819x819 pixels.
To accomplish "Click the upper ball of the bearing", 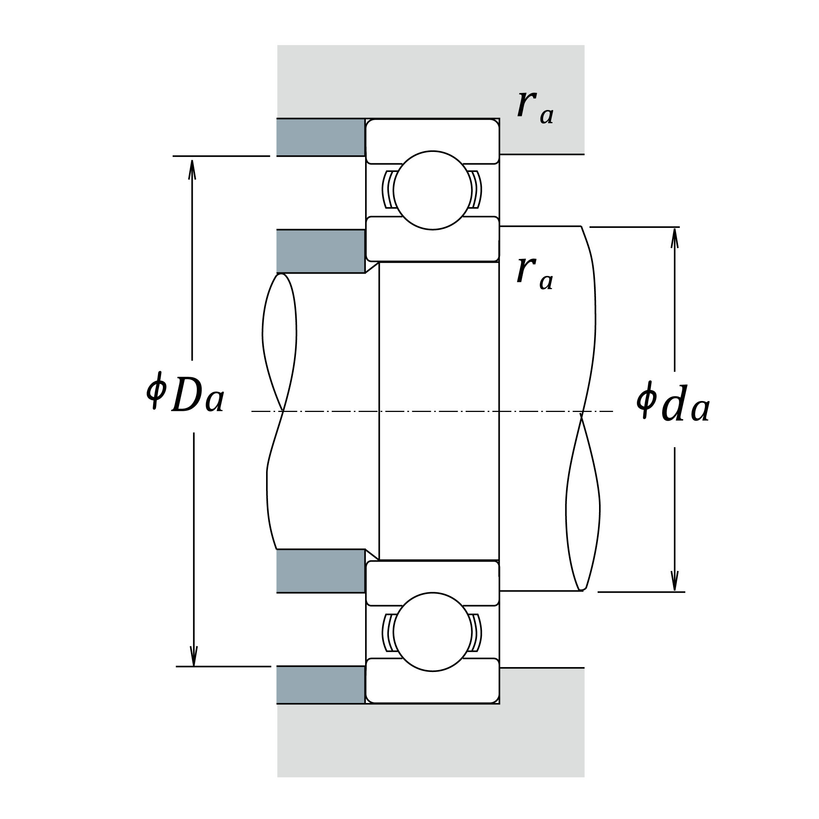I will [432, 190].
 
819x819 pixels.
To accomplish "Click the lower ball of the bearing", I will [432, 632].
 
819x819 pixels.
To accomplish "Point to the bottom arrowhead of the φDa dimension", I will [194, 655].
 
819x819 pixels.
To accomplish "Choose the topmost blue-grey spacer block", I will [320, 137].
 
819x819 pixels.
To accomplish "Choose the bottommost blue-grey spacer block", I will [320, 684].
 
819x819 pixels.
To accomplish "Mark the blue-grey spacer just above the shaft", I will [320, 251].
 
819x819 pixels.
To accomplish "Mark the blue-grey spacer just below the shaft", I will [320, 571].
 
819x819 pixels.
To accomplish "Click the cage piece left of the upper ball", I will [388, 189].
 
